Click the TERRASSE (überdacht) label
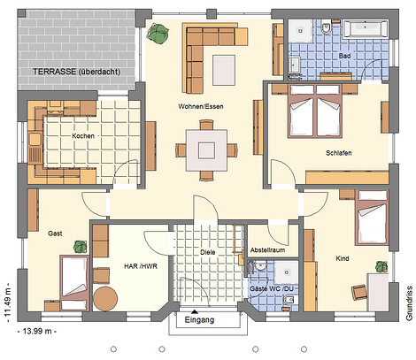coord(76,72)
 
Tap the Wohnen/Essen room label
coord(201,106)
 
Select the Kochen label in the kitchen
coord(83,136)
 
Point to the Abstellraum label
coord(267,250)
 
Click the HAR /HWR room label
coord(141,266)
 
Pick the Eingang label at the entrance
coord(199,320)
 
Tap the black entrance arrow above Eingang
coord(195,311)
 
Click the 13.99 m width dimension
coord(37,331)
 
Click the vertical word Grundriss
coord(409,303)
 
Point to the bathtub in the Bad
coord(366,29)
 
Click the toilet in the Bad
coord(326,28)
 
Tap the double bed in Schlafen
coord(315,111)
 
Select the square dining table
coord(206,150)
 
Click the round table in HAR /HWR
coord(105,298)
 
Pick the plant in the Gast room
coord(81,247)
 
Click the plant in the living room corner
coord(158,34)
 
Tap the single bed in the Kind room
coord(372,218)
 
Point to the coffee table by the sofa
coord(224,70)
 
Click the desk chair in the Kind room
coord(359,292)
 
